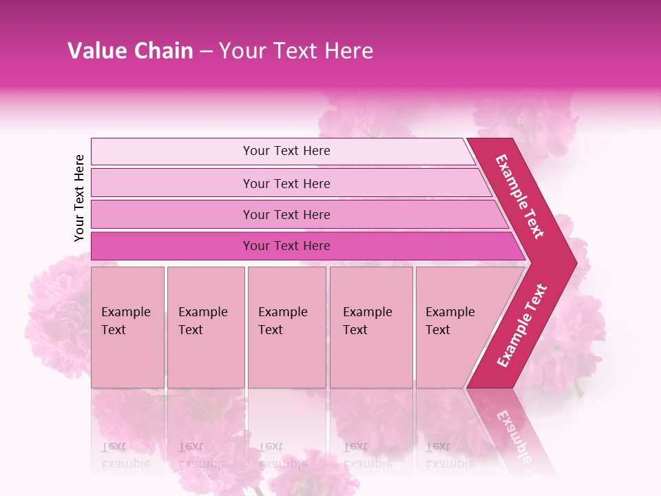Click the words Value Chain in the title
pos(130,51)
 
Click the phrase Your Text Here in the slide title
pos(296,51)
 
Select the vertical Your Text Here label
pos(80,198)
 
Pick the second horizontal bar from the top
pos(286,183)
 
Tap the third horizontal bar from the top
pos(286,214)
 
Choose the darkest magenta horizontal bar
pos(286,246)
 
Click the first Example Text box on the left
pos(127,327)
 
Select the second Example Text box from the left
pos(205,327)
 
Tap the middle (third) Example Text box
pos(286,327)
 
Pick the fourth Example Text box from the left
pos(371,327)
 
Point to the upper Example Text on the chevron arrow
pos(520,196)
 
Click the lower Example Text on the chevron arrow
pos(521,325)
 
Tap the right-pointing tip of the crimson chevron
pos(571,262)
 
